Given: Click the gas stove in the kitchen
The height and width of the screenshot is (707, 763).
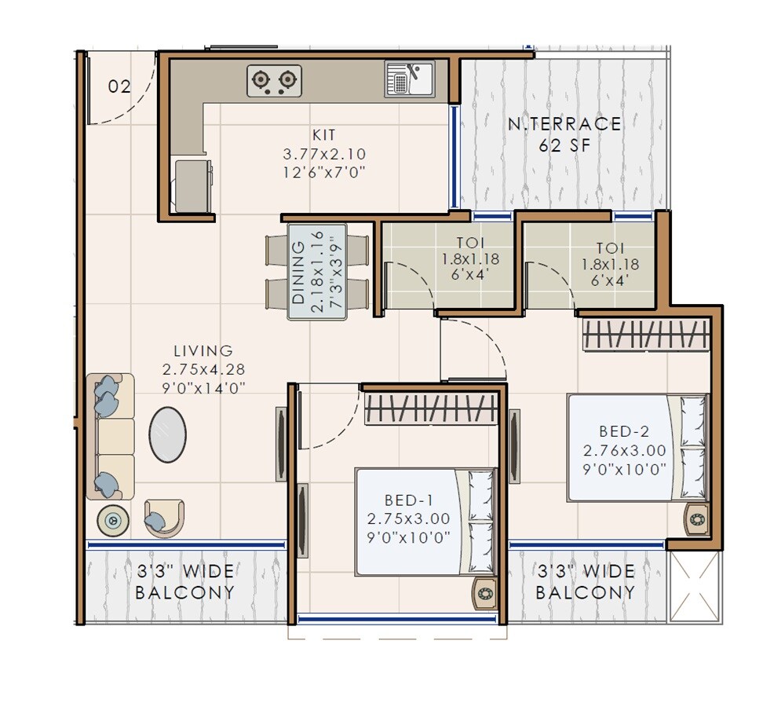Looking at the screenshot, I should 274,80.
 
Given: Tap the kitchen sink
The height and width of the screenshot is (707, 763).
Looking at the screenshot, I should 409,79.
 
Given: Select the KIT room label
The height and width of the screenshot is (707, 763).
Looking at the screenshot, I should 324,136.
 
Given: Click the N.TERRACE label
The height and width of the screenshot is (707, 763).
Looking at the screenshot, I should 564,123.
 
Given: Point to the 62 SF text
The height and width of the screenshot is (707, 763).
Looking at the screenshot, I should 564,145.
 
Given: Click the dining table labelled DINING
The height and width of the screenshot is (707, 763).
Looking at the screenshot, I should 317,272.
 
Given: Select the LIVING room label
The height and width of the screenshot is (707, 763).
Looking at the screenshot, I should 203,351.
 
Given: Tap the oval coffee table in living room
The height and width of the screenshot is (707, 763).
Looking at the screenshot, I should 168,434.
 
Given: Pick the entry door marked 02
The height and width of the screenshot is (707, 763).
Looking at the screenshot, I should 119,86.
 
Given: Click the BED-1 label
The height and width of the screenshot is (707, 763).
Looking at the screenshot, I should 409,500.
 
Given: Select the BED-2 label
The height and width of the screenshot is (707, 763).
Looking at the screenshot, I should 624,431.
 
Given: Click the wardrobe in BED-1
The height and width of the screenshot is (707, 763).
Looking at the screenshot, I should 432,408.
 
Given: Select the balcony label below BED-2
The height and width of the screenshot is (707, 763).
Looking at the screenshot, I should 586,581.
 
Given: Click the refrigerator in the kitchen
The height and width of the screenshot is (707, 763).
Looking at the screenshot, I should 193,185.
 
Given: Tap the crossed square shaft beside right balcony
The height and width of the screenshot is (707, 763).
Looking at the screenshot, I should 693,587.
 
